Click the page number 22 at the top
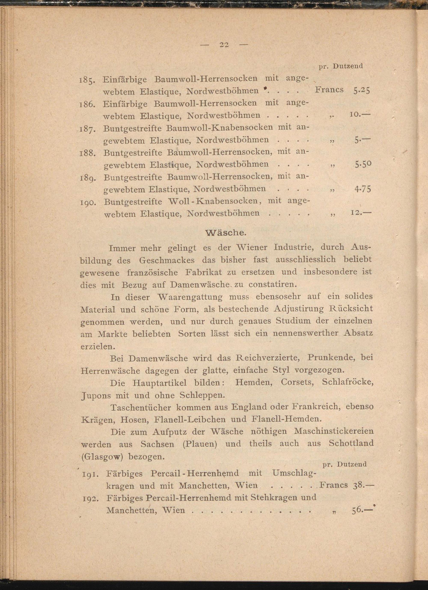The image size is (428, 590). (224, 45)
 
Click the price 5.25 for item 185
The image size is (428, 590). (361, 90)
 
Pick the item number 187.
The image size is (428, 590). (86, 129)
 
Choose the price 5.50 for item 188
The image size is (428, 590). (363, 164)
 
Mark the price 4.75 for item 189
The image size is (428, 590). (362, 189)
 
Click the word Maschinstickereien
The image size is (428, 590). (334, 431)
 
